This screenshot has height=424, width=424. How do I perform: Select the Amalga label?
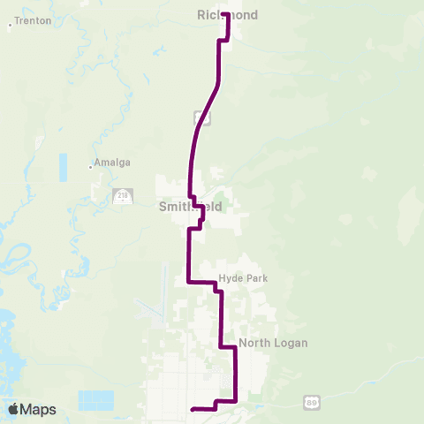tap(113, 163)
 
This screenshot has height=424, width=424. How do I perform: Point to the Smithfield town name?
tap(190, 208)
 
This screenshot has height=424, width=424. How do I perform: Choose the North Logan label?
tap(273, 343)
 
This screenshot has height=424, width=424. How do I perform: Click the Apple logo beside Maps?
tap(13, 409)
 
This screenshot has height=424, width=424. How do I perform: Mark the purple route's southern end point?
tap(193, 408)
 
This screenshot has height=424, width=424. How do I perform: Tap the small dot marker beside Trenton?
tap(10, 25)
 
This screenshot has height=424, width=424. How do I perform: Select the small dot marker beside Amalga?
tap(91, 165)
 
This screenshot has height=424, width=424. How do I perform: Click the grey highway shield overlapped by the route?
tap(201, 117)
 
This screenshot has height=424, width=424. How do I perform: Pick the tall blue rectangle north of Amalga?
tap(63, 167)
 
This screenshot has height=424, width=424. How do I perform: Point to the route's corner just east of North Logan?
tap(236, 348)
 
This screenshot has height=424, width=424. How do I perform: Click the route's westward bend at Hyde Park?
tap(189, 283)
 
